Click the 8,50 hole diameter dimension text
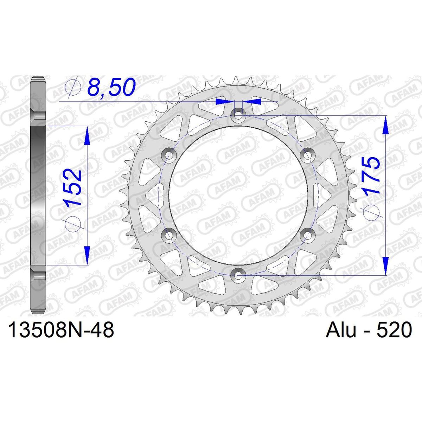(111, 88)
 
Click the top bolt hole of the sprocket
(238, 115)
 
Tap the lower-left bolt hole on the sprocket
(169, 235)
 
